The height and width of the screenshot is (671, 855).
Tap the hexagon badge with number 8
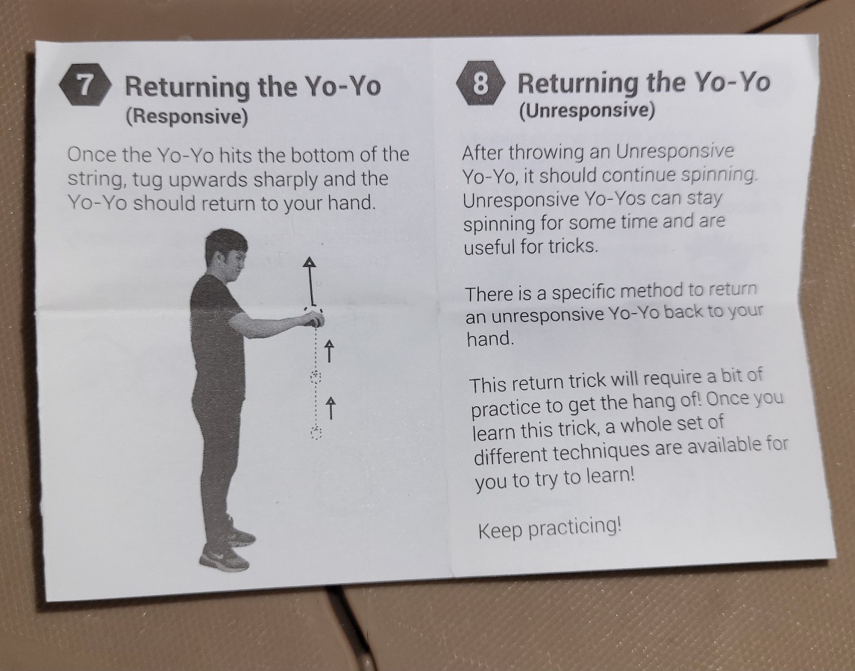480,83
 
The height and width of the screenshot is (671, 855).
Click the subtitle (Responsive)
187,116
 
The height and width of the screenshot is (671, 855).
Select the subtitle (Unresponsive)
586,110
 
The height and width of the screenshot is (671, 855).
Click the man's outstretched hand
313,320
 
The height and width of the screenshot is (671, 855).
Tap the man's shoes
228,546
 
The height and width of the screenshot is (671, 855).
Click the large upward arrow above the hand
310,281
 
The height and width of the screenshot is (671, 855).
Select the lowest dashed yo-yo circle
316,433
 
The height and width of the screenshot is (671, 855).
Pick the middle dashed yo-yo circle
316,376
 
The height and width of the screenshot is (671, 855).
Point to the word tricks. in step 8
573,246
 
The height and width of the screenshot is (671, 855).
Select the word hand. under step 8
490,338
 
